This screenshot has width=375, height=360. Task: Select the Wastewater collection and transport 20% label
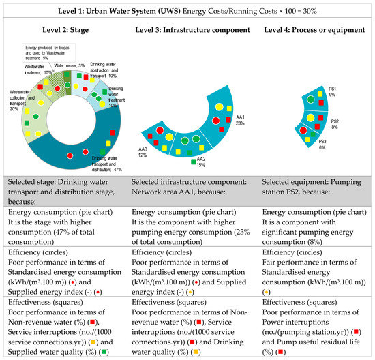pyautogui.click(x=21, y=100)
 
